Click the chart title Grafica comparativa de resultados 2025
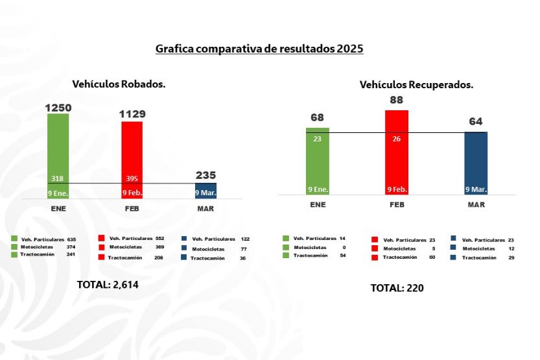pyautogui.click(x=259, y=49)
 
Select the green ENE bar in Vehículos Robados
pyautogui.click(x=58, y=149)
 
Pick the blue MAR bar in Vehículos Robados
pyautogui.click(x=206, y=190)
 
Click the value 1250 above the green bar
pyautogui.click(x=58, y=108)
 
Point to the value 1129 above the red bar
pyautogui.click(x=132, y=114)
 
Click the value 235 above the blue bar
pyautogui.click(x=206, y=175)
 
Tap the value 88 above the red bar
pyautogui.click(x=397, y=101)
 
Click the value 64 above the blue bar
pyautogui.click(x=476, y=122)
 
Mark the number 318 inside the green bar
pyautogui.click(x=58, y=178)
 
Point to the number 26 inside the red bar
pyautogui.click(x=397, y=138)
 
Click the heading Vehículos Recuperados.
pyautogui.click(x=416, y=84)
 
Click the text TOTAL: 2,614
pyautogui.click(x=108, y=284)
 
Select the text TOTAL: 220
pyautogui.click(x=397, y=288)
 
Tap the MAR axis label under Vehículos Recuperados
pyautogui.click(x=476, y=204)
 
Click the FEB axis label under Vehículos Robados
pyautogui.click(x=132, y=209)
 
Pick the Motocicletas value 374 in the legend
pyautogui.click(x=71, y=247)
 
